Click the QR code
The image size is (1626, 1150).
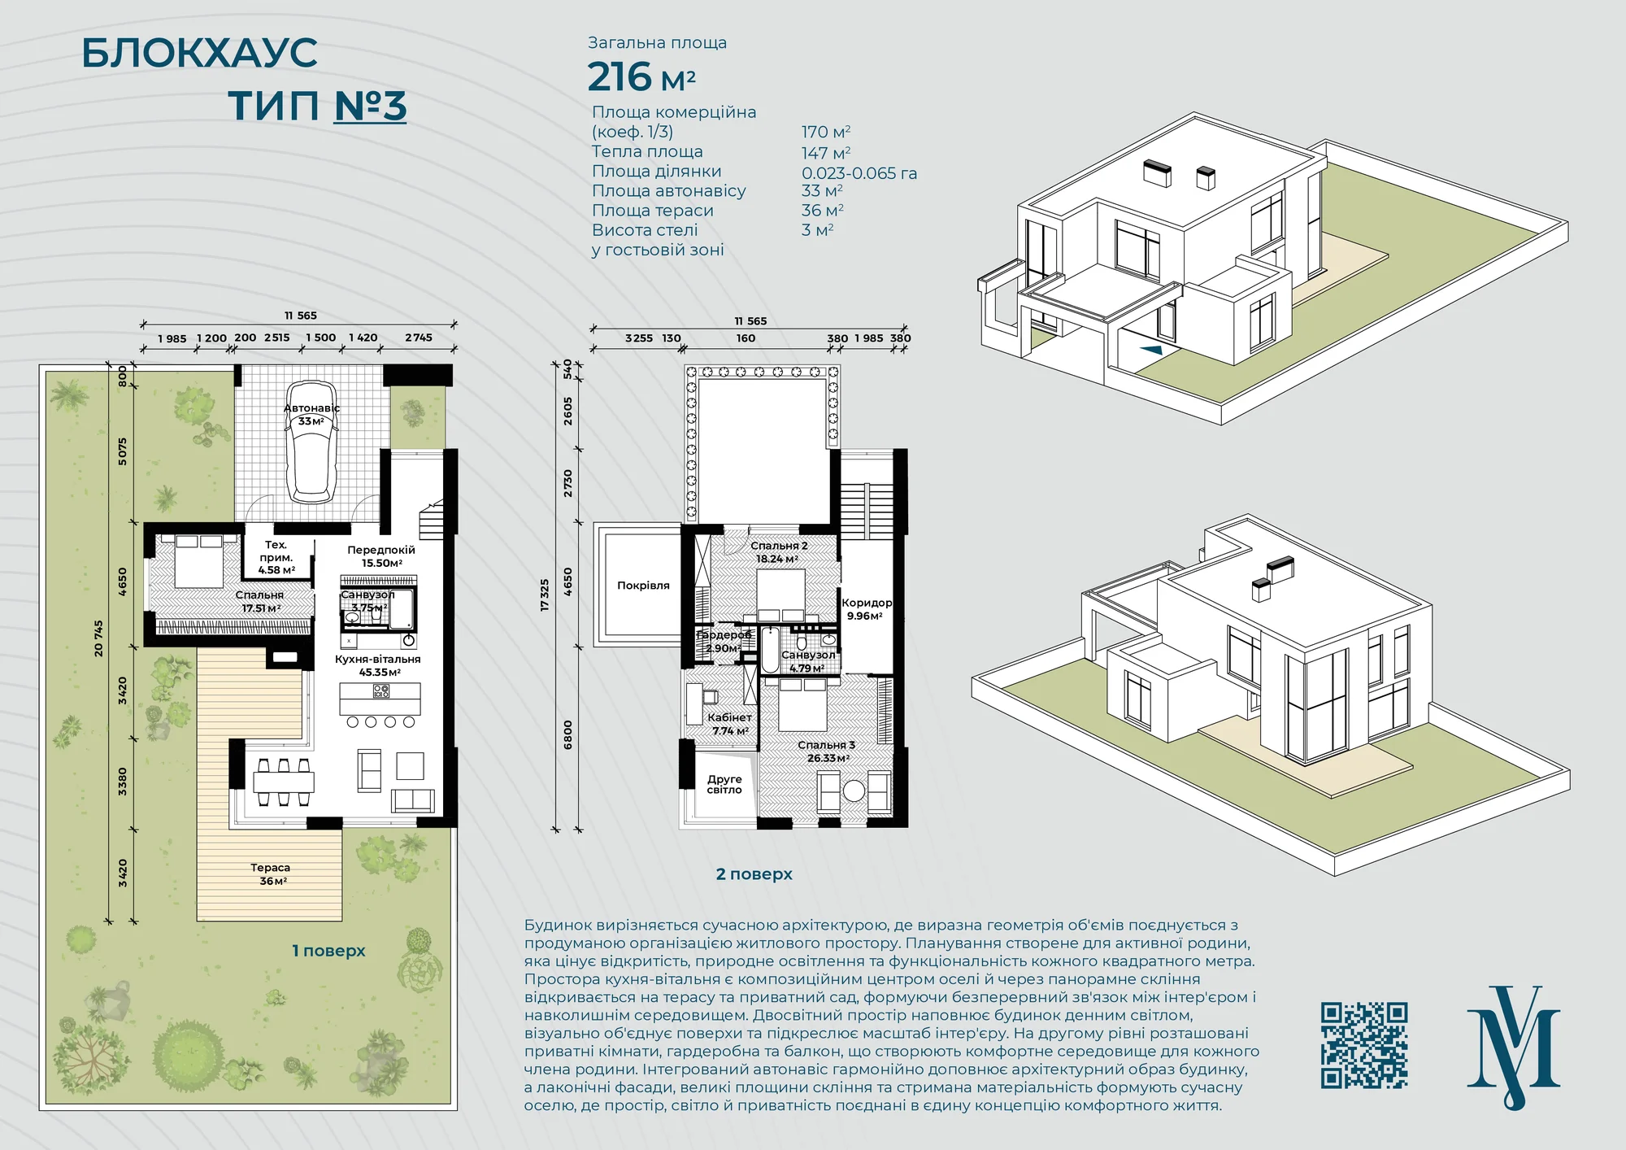[1364, 1045]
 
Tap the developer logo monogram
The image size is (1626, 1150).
[1513, 1048]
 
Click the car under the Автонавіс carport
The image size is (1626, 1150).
[311, 442]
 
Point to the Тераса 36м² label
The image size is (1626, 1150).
[271, 874]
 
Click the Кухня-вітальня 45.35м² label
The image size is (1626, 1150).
[378, 665]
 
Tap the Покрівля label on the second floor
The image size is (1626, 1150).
[643, 586]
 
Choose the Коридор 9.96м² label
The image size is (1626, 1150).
[867, 609]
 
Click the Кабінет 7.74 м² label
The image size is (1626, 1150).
[730, 724]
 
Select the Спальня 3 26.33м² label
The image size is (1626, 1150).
[827, 751]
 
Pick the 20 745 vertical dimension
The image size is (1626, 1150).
[99, 638]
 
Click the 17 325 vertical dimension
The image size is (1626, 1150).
[545, 595]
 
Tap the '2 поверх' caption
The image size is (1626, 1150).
[754, 874]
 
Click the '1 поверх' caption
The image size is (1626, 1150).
[329, 951]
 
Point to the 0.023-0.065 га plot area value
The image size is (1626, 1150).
[859, 173]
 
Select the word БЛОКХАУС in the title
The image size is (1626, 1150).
[200, 53]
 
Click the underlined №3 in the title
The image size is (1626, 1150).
[371, 107]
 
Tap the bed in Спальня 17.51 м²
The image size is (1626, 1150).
[199, 560]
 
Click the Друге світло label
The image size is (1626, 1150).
[724, 784]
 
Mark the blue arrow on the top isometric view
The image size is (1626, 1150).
[1151, 349]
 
